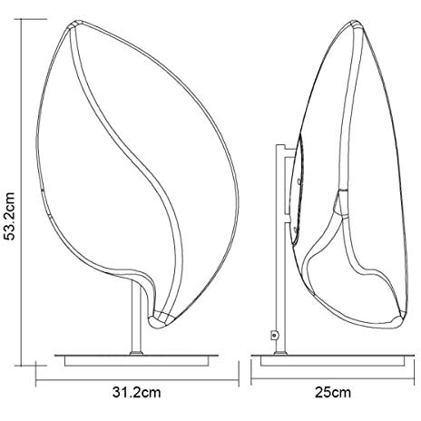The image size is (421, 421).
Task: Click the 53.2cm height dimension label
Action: coord(11,216)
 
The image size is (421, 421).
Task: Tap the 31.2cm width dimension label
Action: coord(136,393)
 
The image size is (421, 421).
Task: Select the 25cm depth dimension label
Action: coord(333,393)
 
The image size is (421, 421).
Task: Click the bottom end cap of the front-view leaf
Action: coord(162,320)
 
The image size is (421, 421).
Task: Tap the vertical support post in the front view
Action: coord(136,318)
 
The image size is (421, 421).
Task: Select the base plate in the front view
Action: coord(136,360)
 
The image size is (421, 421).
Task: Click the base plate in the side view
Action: coord(333,360)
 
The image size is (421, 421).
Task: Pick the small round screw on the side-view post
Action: coord(274,335)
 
